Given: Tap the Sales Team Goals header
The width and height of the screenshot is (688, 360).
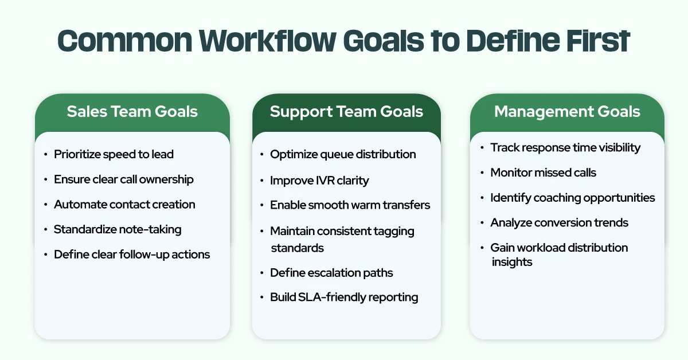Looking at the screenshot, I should tap(132, 111).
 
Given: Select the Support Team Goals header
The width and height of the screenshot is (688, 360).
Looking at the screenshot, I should tap(346, 111).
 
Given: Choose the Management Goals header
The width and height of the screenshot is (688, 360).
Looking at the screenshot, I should tap(567, 111).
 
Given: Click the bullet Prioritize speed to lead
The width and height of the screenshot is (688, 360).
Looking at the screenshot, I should tap(114, 154).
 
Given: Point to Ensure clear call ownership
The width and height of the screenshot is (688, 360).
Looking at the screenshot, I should tap(124, 179).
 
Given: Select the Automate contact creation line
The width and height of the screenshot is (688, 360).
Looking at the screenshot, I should tap(124, 204).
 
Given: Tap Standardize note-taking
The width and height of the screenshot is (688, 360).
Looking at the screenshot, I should tap(118, 229).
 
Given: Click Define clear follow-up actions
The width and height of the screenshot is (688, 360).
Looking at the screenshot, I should tap(132, 254).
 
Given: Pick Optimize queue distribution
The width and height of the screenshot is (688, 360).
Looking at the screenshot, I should tap(343, 154).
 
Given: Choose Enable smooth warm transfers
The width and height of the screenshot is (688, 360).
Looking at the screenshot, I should tap(350, 205).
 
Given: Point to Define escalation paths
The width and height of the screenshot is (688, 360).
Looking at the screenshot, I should tap(331, 272).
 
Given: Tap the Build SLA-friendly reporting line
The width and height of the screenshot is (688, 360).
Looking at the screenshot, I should tap(344, 297).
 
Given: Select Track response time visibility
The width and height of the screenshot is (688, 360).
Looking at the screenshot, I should tap(565, 147).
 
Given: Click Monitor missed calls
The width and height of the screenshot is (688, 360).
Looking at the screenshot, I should tap(543, 173).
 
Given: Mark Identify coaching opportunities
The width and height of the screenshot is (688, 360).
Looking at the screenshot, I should tap(572, 198).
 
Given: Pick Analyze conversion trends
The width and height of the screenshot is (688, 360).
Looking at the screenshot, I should tap(559, 222).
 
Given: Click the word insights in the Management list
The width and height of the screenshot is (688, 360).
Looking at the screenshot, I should tap(512, 262).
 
